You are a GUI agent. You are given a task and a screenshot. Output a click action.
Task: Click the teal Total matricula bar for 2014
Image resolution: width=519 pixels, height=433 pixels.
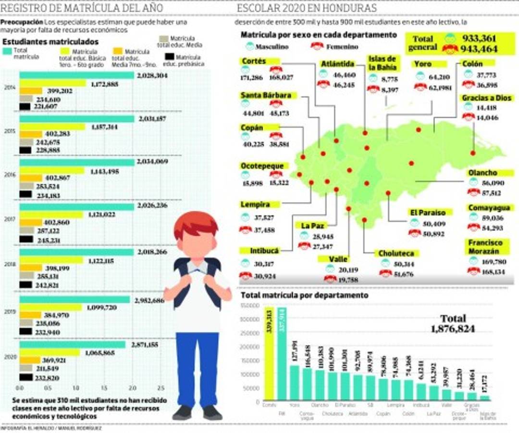point(77,76)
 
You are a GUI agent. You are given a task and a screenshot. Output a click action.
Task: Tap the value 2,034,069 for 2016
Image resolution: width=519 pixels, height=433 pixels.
point(152,162)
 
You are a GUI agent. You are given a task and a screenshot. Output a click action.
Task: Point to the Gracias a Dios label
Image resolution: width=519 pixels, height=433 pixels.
point(487,98)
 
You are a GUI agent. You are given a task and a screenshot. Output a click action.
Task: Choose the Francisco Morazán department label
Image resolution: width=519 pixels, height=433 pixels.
point(485,247)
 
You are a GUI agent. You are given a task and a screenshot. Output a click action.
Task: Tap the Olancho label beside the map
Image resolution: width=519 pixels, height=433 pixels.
point(482,173)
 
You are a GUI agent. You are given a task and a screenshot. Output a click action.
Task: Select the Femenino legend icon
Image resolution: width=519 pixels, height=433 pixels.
point(317,47)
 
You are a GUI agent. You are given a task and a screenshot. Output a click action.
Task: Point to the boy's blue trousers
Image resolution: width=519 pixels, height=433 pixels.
point(196,366)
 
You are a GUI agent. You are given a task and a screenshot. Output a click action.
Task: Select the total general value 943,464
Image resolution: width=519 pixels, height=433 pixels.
point(479,49)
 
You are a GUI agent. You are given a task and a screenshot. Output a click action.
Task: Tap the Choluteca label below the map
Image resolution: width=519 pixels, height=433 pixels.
point(395,254)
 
